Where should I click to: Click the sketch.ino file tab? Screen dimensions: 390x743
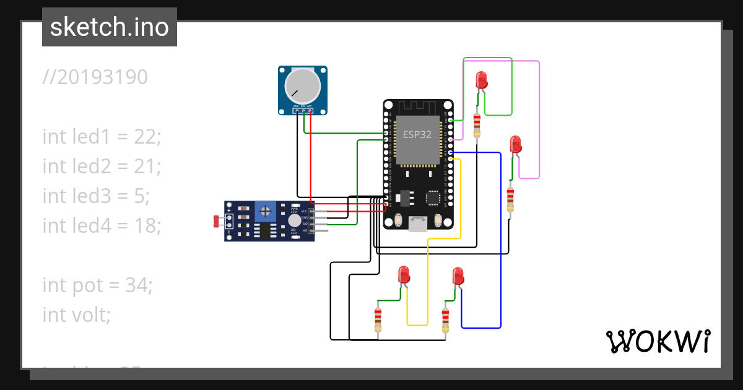click(x=110, y=27)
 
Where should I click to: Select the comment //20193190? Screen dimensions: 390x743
click(x=95, y=77)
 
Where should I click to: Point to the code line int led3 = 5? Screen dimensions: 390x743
click(x=96, y=196)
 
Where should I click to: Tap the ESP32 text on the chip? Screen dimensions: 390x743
click(x=417, y=134)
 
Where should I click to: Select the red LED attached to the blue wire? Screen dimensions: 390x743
click(x=458, y=276)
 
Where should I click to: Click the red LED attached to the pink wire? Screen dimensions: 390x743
click(x=515, y=145)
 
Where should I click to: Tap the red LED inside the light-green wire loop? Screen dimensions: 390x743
click(x=481, y=80)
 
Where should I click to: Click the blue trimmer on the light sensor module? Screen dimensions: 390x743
click(x=266, y=212)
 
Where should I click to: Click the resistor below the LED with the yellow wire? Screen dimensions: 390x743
click(x=378, y=319)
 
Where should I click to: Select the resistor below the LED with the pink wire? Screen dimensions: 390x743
click(x=510, y=197)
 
